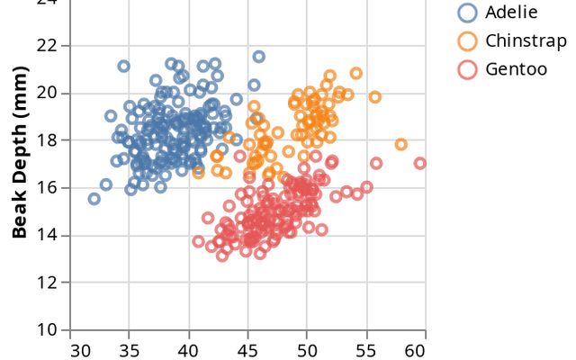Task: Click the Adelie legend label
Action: pos(510,12)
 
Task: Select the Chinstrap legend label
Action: pos(526,40)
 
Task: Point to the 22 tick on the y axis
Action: pos(48,45)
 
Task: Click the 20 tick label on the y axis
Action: pos(48,93)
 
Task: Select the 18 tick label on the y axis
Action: pos(48,140)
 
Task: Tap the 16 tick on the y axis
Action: pos(48,188)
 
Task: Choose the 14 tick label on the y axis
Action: pos(48,235)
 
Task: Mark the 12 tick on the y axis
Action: pos(48,283)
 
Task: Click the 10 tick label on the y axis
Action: pos(48,330)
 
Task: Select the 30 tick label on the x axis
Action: pos(80,349)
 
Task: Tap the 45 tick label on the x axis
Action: pos(248,349)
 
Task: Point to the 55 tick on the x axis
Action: pos(362,349)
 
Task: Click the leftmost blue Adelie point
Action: pos(94,199)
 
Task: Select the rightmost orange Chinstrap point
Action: pos(401,144)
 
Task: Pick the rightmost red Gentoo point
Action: pos(420,163)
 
